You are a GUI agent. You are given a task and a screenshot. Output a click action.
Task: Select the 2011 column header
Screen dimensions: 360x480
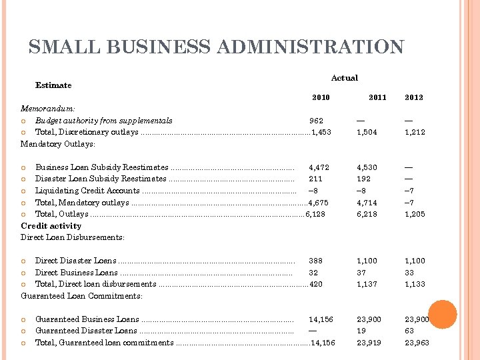(x=377, y=97)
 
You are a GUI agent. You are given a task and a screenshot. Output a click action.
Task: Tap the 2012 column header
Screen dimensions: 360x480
(x=414, y=97)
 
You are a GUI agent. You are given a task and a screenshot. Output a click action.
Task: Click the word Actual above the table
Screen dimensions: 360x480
(x=345, y=78)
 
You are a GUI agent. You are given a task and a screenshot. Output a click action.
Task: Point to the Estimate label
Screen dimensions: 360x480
(x=53, y=85)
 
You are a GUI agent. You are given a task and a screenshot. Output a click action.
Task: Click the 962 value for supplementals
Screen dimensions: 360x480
(x=316, y=121)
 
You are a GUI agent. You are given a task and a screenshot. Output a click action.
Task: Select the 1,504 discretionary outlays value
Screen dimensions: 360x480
(x=367, y=132)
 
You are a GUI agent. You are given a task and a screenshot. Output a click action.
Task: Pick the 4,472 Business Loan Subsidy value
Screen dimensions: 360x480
(x=319, y=167)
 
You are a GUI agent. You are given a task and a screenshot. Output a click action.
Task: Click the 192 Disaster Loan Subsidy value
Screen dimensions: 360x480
(x=364, y=179)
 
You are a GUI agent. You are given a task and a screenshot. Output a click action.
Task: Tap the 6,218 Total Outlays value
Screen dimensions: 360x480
(x=367, y=214)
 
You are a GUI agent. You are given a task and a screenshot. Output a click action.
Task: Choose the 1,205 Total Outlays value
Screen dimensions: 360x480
(x=415, y=214)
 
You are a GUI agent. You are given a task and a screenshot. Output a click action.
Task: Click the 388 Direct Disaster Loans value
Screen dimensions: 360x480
(x=316, y=261)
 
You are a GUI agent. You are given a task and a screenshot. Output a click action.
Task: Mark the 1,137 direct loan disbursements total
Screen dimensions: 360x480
(x=367, y=284)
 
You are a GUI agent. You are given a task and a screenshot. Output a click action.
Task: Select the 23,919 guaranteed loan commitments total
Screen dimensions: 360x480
(x=369, y=343)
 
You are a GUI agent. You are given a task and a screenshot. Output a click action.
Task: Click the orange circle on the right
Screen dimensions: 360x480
(x=442, y=314)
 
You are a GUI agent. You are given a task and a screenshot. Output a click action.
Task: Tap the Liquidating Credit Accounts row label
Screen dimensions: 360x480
(x=87, y=191)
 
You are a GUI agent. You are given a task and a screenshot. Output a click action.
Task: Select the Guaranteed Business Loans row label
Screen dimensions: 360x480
(x=87, y=319)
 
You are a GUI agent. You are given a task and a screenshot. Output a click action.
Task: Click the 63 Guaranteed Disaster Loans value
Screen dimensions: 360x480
(x=409, y=331)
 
